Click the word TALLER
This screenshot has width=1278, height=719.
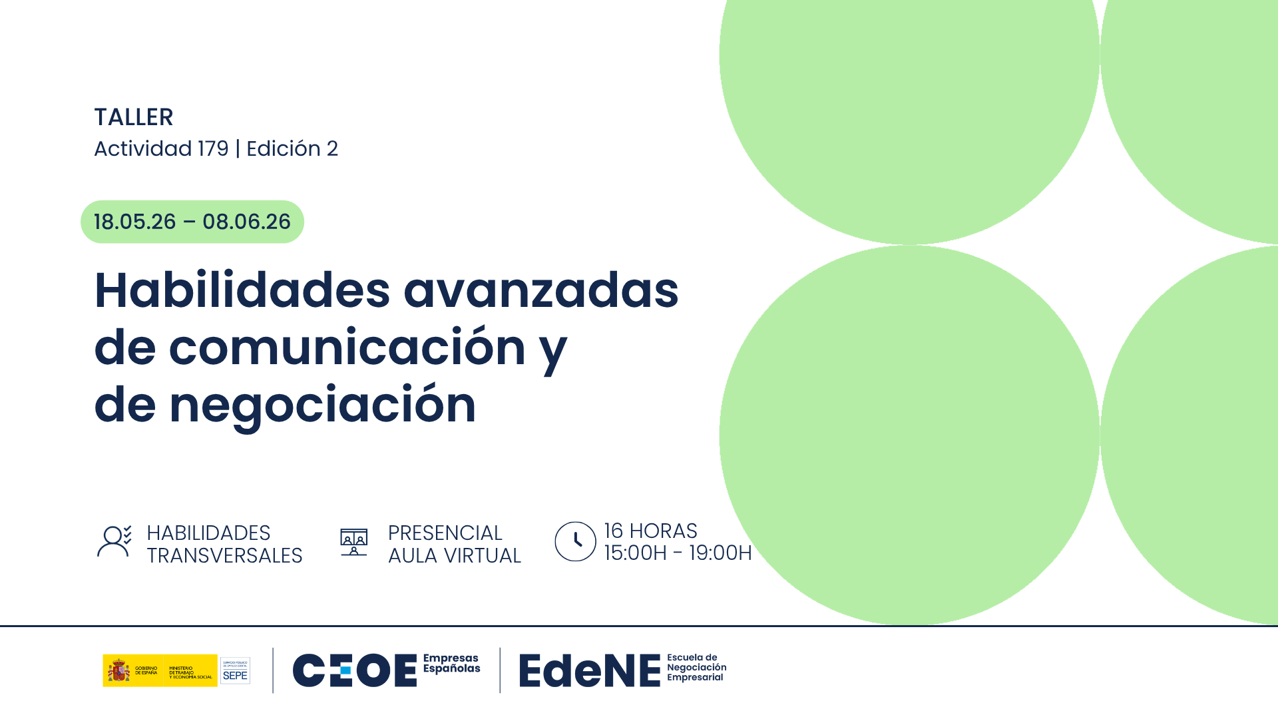pyautogui.click(x=133, y=117)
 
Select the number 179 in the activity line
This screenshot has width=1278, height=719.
pyautogui.click(x=213, y=148)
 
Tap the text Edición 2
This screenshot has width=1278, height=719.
pyautogui.click(x=292, y=148)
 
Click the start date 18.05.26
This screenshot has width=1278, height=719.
pyautogui.click(x=134, y=222)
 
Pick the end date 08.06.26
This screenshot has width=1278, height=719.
pyautogui.click(x=246, y=222)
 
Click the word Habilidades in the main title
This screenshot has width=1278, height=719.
pyautogui.click(x=242, y=291)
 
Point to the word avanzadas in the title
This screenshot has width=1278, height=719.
pyautogui.click(x=540, y=291)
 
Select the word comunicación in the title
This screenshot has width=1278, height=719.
pyautogui.click(x=347, y=348)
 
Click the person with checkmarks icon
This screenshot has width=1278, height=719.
pyautogui.click(x=114, y=541)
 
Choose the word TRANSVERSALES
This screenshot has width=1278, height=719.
pyautogui.click(x=224, y=556)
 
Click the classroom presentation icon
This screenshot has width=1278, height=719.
pyautogui.click(x=353, y=542)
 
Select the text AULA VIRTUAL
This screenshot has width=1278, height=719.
pyautogui.click(x=454, y=556)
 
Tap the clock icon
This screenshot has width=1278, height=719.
pyautogui.click(x=575, y=541)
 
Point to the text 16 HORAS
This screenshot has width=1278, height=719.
pyautogui.click(x=650, y=531)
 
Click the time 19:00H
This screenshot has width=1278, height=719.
pyautogui.click(x=720, y=553)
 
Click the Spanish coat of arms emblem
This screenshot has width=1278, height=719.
pyautogui.click(x=119, y=670)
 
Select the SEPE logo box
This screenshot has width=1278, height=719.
pyautogui.click(x=235, y=670)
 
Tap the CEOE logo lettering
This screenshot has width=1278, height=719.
pyautogui.click(x=354, y=670)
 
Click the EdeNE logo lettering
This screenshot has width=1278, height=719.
pyautogui.click(x=589, y=670)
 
